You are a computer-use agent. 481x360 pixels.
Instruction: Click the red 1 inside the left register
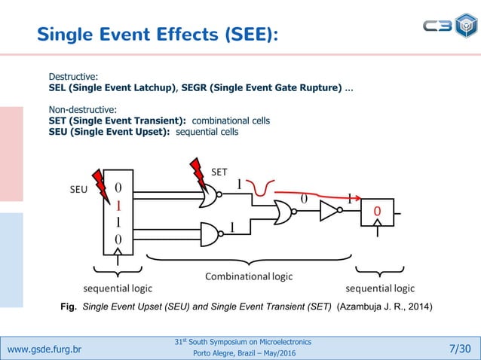118,204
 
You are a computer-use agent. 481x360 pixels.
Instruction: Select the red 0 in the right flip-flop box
376,212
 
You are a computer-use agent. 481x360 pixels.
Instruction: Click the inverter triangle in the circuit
330,212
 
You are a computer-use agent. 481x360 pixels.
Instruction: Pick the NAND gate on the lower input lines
213,233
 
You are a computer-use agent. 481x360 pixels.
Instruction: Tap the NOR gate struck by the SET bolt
213,197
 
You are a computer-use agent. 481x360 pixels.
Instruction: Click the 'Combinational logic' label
249,276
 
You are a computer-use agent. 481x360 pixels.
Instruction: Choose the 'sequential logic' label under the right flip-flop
379,288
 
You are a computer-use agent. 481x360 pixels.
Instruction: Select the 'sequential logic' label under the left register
117,288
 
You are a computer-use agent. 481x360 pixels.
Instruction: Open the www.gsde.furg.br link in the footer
44,349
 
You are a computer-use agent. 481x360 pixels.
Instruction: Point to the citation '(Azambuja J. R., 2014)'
384,306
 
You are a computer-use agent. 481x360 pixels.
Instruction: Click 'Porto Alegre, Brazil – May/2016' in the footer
242,354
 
